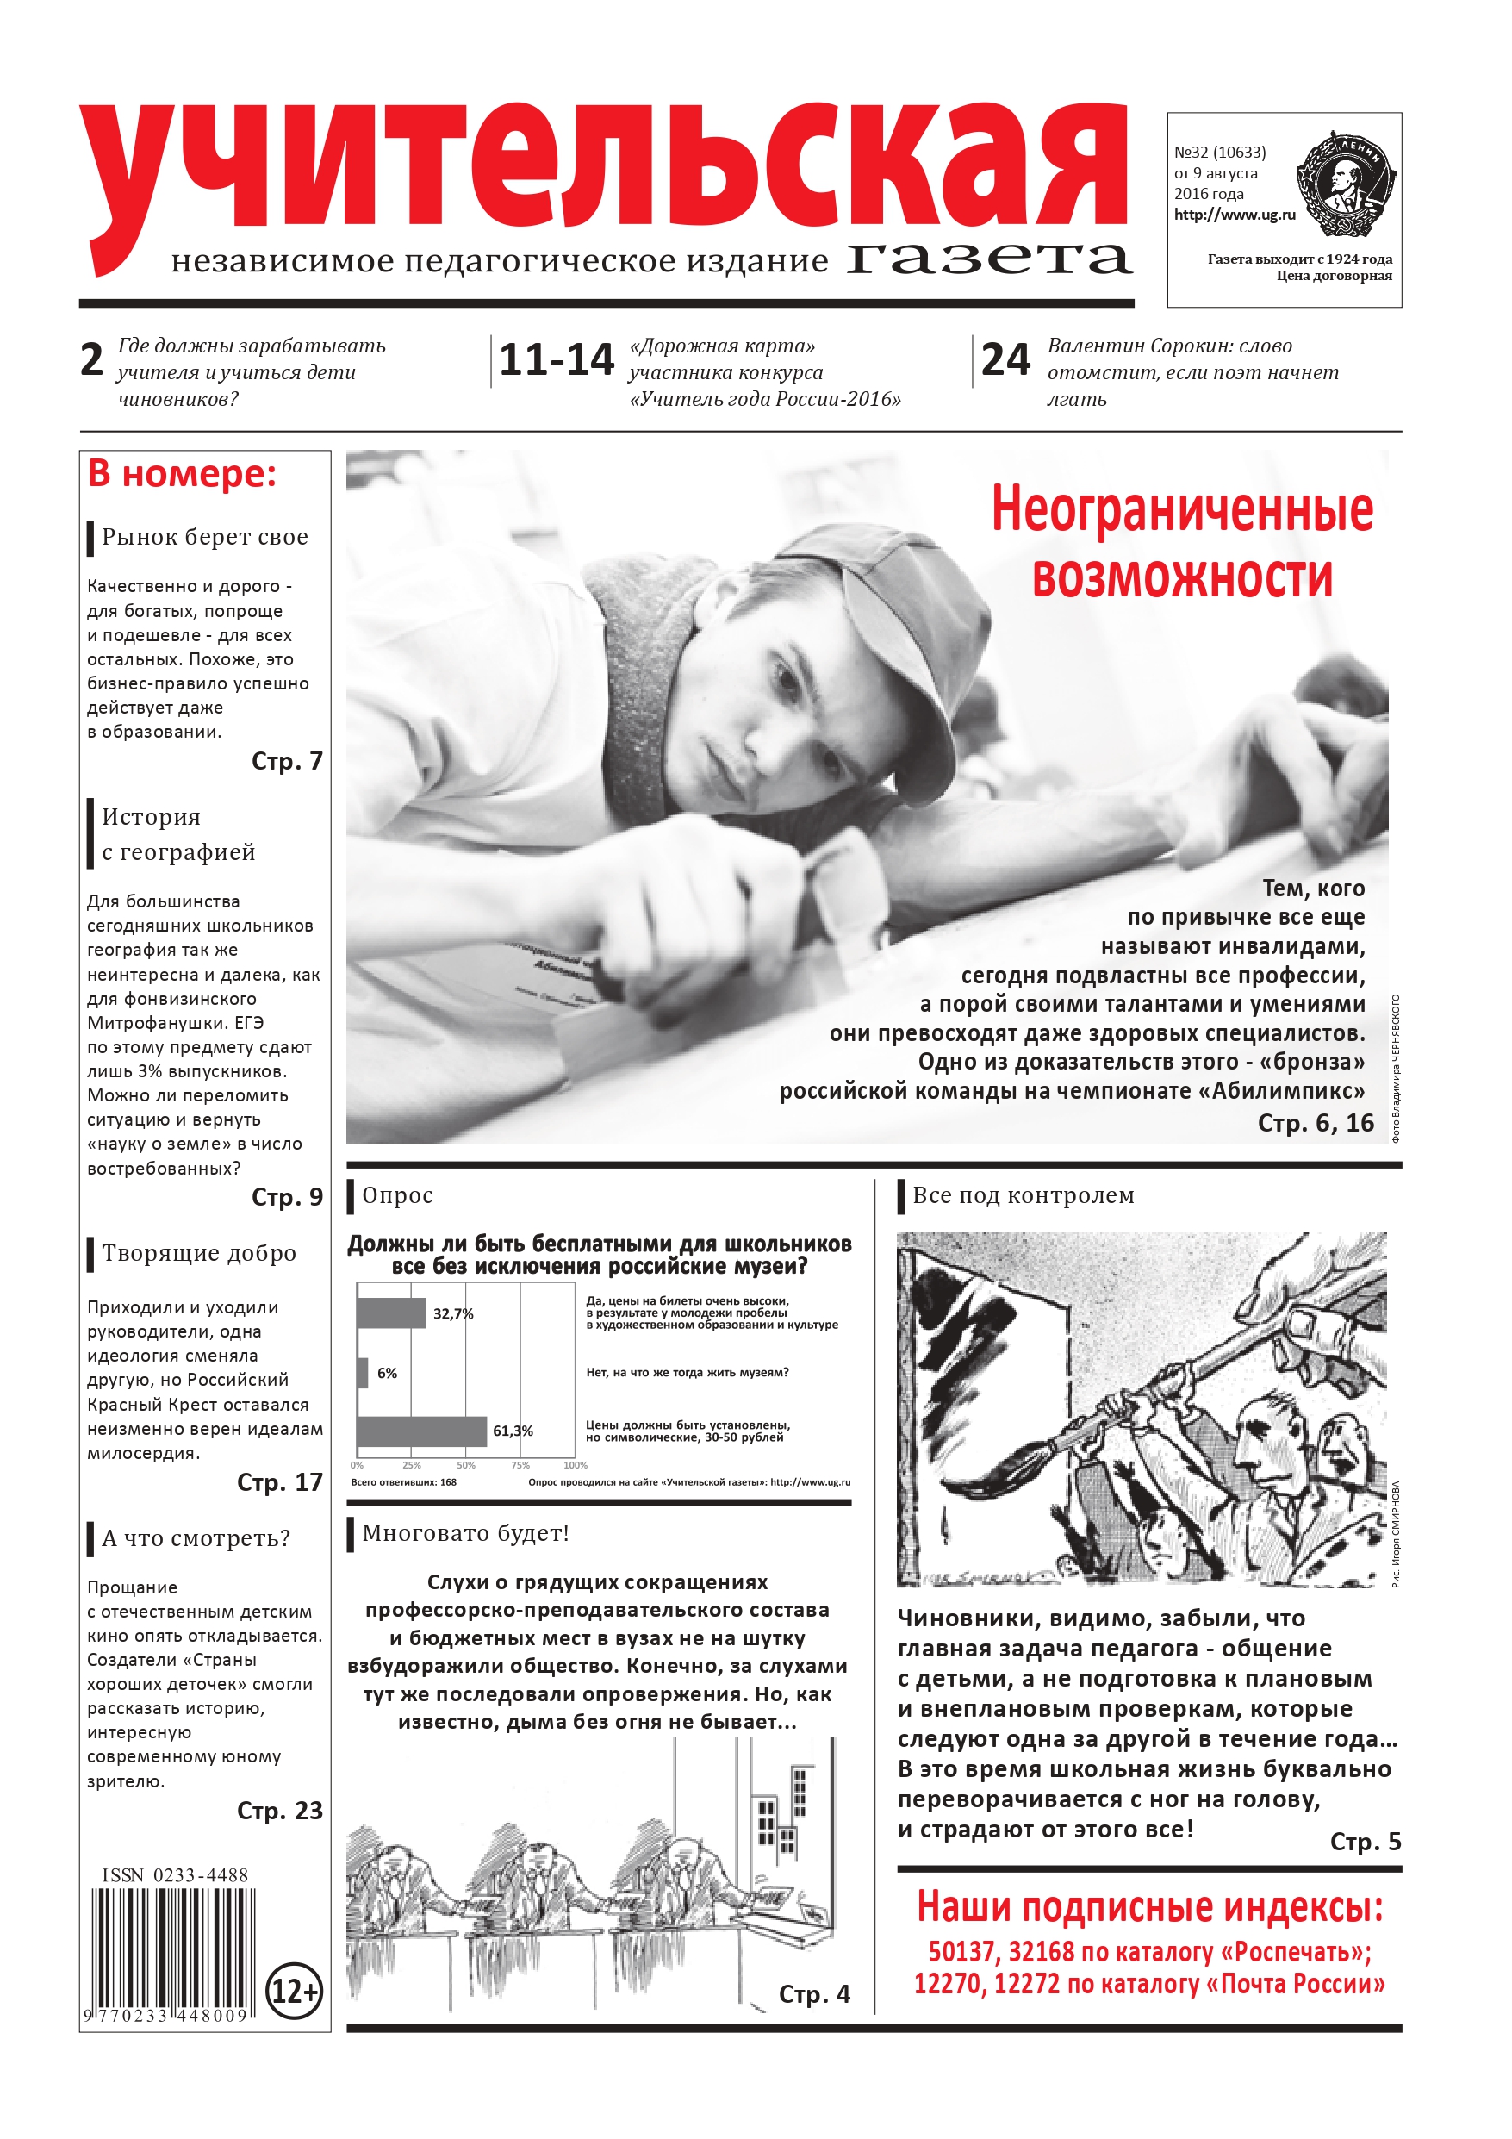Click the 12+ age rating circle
tap(295, 1991)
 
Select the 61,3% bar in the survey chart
tap(422, 1431)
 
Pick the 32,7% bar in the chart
tap(391, 1313)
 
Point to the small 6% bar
tap(363, 1372)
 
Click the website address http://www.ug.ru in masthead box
tap(1235, 215)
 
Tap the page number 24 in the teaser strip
tap(1005, 359)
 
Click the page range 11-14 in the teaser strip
tap(557, 359)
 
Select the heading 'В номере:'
tap(183, 474)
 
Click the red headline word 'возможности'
tap(1181, 577)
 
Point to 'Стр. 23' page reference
tap(279, 1810)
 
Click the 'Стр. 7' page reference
tap(287, 761)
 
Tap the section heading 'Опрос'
tap(398, 1195)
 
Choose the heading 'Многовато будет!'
tap(465, 1532)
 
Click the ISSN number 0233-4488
tap(175, 1875)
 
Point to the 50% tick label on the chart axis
tap(466, 1465)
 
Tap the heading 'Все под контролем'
tap(1023, 1195)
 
